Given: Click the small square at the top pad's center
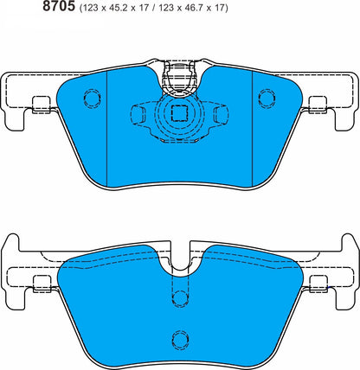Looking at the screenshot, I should pos(180,112).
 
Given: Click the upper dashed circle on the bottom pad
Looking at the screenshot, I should pos(180,298).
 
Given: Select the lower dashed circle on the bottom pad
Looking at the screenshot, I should pos(180,337).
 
